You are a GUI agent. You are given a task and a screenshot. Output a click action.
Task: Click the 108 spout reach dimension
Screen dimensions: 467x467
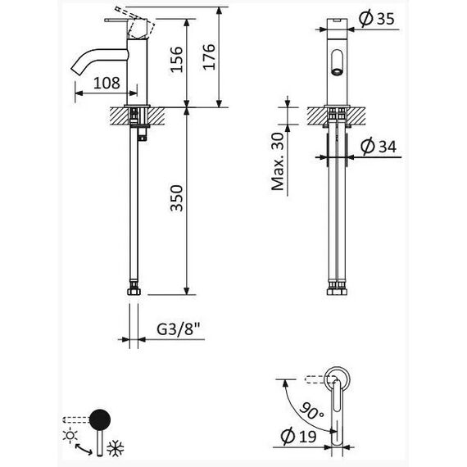coord(107,83)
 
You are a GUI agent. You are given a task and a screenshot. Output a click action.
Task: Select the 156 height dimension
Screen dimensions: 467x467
coord(176,59)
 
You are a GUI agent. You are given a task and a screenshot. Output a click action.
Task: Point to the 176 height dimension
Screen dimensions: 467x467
coord(209,57)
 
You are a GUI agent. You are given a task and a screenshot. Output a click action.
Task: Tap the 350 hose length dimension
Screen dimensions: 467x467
coord(176,198)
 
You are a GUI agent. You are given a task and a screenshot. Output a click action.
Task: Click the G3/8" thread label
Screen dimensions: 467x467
coord(178,329)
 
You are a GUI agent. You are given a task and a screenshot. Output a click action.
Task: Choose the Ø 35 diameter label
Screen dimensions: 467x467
coord(376,19)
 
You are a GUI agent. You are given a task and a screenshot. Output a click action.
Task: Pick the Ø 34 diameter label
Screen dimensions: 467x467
coord(379,146)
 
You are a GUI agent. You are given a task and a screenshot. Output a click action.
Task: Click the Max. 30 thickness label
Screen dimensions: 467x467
coord(278,161)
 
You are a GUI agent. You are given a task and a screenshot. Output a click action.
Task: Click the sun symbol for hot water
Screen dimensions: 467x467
coord(70,435)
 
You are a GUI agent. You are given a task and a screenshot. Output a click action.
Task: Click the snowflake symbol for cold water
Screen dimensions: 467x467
coord(116,448)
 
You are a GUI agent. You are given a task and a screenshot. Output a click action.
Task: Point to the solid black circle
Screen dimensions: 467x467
coord(100,419)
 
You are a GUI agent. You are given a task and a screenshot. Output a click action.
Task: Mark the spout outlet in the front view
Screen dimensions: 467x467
coord(337,72)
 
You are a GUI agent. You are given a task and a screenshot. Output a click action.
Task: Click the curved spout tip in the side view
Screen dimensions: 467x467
coord(76,70)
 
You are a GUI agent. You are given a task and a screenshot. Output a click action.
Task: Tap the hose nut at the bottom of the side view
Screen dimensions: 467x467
coord(134,291)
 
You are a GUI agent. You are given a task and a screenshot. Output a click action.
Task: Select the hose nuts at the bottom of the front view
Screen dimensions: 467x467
coord(338,291)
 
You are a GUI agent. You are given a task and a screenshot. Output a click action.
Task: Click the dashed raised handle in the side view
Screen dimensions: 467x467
coord(136,21)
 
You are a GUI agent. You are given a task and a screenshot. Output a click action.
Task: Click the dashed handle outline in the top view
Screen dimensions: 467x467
coord(320,379)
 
